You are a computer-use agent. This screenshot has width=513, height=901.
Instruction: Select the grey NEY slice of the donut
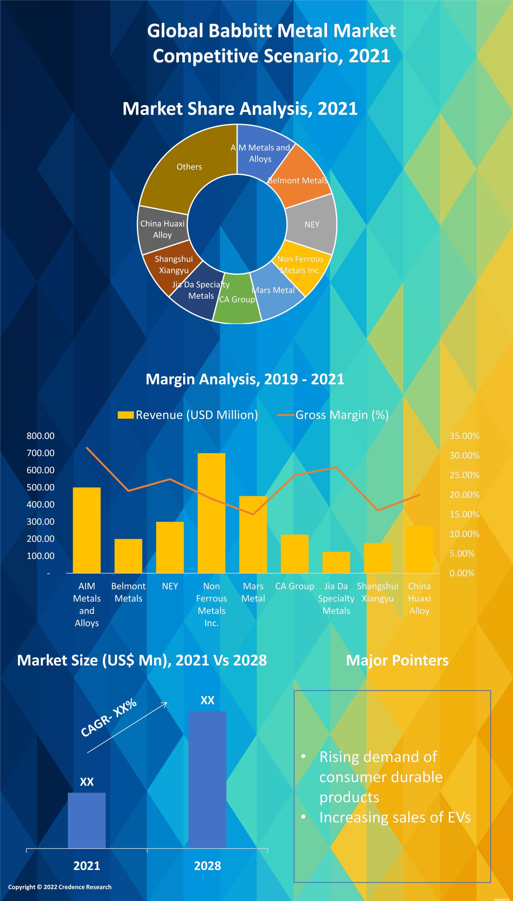tap(312, 225)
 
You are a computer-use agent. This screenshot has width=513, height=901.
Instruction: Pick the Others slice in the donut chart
tap(189, 166)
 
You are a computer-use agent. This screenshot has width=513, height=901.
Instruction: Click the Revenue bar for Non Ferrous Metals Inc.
tap(211, 513)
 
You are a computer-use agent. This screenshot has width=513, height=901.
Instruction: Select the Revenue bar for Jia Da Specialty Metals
tap(336, 562)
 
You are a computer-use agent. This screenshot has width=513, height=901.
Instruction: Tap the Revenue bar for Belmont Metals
tap(128, 556)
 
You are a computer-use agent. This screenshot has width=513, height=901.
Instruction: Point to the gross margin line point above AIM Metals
tap(87, 447)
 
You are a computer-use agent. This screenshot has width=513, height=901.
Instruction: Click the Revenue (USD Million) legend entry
tap(188, 415)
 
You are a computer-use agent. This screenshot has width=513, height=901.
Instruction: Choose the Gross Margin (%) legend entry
tap(333, 415)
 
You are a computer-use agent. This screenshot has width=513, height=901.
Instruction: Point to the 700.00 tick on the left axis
tap(40, 453)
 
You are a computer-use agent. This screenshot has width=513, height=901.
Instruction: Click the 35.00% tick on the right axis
tap(464, 436)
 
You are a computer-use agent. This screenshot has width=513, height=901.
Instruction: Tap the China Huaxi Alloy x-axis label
tap(419, 598)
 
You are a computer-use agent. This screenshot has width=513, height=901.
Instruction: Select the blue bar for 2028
tap(207, 779)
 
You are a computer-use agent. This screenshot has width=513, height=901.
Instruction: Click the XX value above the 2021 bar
tap(87, 782)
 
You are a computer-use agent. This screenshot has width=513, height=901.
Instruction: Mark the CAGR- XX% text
tap(109, 718)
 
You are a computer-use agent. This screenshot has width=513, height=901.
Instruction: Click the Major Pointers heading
tap(397, 661)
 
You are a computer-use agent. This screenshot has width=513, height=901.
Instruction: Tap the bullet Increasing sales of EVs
tap(395, 818)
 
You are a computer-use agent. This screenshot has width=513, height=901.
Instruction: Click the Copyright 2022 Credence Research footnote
tap(60, 887)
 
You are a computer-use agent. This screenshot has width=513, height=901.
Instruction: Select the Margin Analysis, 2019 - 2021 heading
tap(245, 379)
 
